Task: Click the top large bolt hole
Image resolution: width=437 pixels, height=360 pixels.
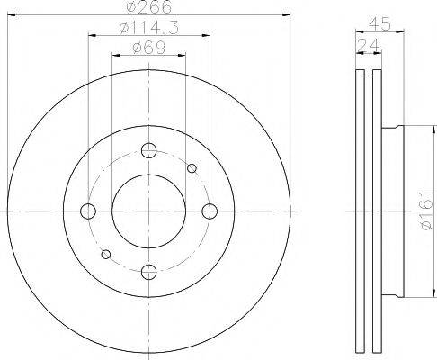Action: pos(149,150)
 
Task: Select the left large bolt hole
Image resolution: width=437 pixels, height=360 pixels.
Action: pos(88,211)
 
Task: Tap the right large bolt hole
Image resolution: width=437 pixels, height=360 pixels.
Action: pos(210,211)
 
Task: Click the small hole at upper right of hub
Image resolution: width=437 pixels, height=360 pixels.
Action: pos(191,168)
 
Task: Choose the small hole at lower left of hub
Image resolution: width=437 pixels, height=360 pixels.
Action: pos(107,255)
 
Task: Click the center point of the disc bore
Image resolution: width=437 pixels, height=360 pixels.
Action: pos(149,211)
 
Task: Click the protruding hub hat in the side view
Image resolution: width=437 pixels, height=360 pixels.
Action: pos(393,211)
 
